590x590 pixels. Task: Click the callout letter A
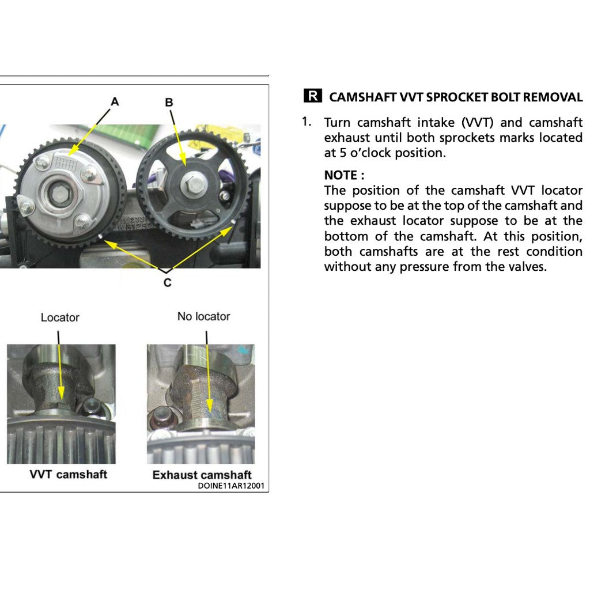pos(115,102)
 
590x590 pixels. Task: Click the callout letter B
pos(169,103)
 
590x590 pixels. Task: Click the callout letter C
pos(167,282)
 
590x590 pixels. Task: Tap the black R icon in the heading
pos(312,96)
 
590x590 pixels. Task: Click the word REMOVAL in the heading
pos(553,97)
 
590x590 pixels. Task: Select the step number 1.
pos(307,122)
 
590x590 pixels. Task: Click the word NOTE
pos(341,175)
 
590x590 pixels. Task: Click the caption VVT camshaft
pos(69,474)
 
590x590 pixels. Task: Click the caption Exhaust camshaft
pos(202,475)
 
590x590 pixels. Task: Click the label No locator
pos(203,316)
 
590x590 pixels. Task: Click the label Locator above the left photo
pos(60,317)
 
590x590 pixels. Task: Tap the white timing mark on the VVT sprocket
pos(100,236)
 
